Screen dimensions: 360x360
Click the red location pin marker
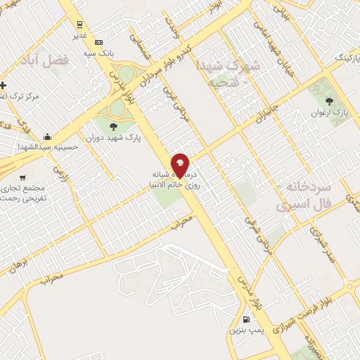click(180, 165)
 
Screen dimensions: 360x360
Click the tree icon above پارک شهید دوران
click(113, 127)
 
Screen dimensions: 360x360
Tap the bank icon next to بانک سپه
click(98, 42)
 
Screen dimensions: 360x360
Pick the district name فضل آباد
click(48, 61)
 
